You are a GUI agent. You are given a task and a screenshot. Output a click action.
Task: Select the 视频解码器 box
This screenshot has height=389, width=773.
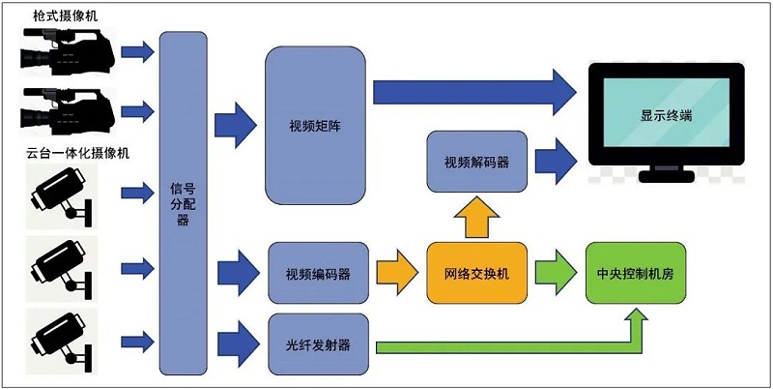476,161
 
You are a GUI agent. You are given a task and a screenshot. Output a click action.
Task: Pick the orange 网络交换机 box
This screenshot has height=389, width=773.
476,274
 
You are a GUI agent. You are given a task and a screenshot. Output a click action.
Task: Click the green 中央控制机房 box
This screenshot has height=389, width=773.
636,274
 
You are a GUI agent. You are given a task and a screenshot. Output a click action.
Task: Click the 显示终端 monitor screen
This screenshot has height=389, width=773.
666,115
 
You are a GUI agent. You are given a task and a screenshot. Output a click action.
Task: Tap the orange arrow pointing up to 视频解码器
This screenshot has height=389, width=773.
476,218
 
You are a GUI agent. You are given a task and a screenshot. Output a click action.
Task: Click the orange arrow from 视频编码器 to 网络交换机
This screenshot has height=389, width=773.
397,273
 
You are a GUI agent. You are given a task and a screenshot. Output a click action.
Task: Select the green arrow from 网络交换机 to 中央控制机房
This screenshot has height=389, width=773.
555,273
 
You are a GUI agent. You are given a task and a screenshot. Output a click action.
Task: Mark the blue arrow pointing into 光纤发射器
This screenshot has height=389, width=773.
237,344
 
